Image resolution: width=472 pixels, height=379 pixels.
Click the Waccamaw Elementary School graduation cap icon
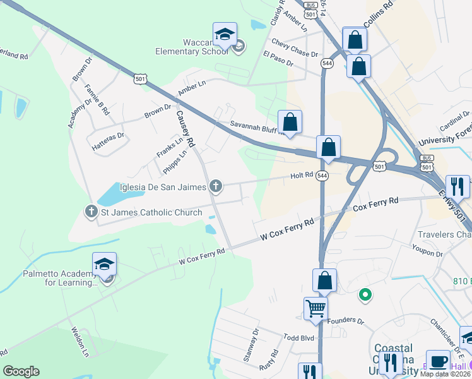(224, 35)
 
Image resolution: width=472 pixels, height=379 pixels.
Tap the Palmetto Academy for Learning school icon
(104, 265)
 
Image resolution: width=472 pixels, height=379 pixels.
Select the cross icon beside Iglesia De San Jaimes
(216, 186)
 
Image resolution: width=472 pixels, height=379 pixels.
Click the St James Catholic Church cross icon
(91, 212)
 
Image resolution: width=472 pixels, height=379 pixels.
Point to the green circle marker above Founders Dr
(364, 294)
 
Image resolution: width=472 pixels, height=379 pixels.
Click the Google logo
(21, 371)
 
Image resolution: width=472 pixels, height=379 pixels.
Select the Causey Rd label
(185, 128)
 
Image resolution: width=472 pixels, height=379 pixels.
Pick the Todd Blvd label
(298, 338)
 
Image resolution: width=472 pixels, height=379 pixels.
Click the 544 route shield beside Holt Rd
(322, 176)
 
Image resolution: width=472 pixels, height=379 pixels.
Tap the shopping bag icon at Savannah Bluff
(290, 122)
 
